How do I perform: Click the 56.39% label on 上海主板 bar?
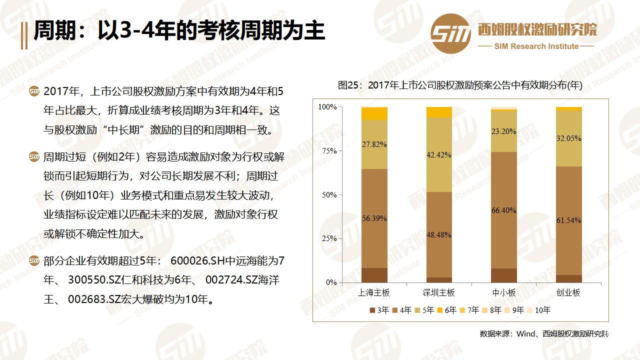click(374, 218)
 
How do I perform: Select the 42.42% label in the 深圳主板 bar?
click(439, 155)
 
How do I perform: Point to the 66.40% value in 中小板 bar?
click(503, 210)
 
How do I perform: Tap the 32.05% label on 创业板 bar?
click(568, 138)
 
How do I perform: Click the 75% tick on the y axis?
click(328, 150)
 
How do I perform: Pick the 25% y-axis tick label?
click(328, 238)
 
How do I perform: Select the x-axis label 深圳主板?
click(438, 292)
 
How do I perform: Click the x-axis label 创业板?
click(568, 292)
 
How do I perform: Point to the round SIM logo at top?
click(450, 33)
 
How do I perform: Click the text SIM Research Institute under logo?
click(536, 46)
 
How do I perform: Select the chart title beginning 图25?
click(460, 85)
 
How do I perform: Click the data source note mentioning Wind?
click(544, 333)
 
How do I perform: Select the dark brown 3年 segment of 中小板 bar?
click(503, 275)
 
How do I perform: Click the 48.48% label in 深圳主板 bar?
click(439, 234)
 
